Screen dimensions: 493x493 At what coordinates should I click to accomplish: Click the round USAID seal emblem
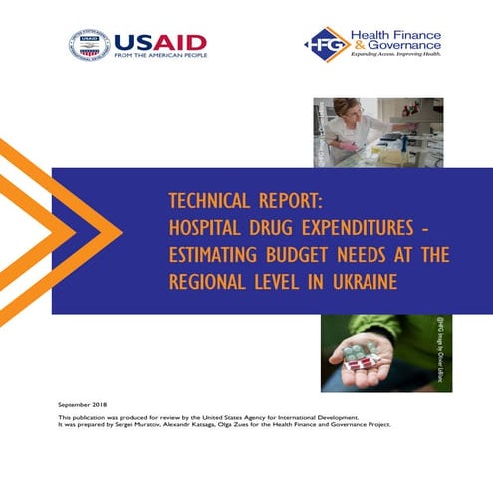89,45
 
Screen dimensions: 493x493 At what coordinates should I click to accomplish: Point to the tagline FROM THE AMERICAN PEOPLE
159,57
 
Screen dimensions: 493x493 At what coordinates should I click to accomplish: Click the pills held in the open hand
358,354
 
